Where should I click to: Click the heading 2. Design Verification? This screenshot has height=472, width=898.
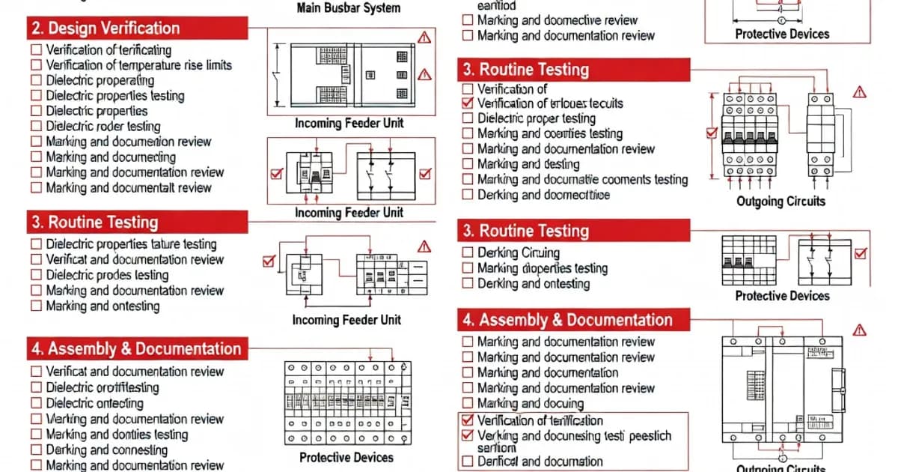[x=105, y=28]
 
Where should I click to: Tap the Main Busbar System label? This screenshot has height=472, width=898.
[x=349, y=8]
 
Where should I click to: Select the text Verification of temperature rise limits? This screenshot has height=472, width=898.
[x=138, y=65]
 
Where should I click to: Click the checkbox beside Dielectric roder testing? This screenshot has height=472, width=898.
[x=36, y=127]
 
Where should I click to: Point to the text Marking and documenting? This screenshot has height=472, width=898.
[x=111, y=157]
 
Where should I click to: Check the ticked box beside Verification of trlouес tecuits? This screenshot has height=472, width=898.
[x=468, y=103]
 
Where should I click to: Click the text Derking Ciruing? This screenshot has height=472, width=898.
[x=519, y=252]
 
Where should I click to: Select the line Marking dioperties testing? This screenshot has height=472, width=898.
[x=542, y=268]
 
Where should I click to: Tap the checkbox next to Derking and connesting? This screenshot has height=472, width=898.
[x=36, y=450]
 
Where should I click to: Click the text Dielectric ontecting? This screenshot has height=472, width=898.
[x=94, y=403]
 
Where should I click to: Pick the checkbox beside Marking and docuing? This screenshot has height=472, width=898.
[x=468, y=403]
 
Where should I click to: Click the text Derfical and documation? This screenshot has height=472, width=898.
[x=540, y=462]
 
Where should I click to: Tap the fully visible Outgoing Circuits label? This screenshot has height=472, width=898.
[x=781, y=201]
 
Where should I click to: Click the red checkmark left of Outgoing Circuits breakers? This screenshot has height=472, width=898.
[x=712, y=134]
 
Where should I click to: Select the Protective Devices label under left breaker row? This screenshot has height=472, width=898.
[x=346, y=457]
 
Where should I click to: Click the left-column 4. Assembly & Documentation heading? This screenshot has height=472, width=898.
[x=136, y=349]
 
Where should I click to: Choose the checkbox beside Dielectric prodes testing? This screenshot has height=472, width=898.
[x=36, y=275]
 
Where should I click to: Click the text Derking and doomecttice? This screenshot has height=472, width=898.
[x=543, y=195]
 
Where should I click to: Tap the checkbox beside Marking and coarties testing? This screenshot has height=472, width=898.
[x=468, y=134]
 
